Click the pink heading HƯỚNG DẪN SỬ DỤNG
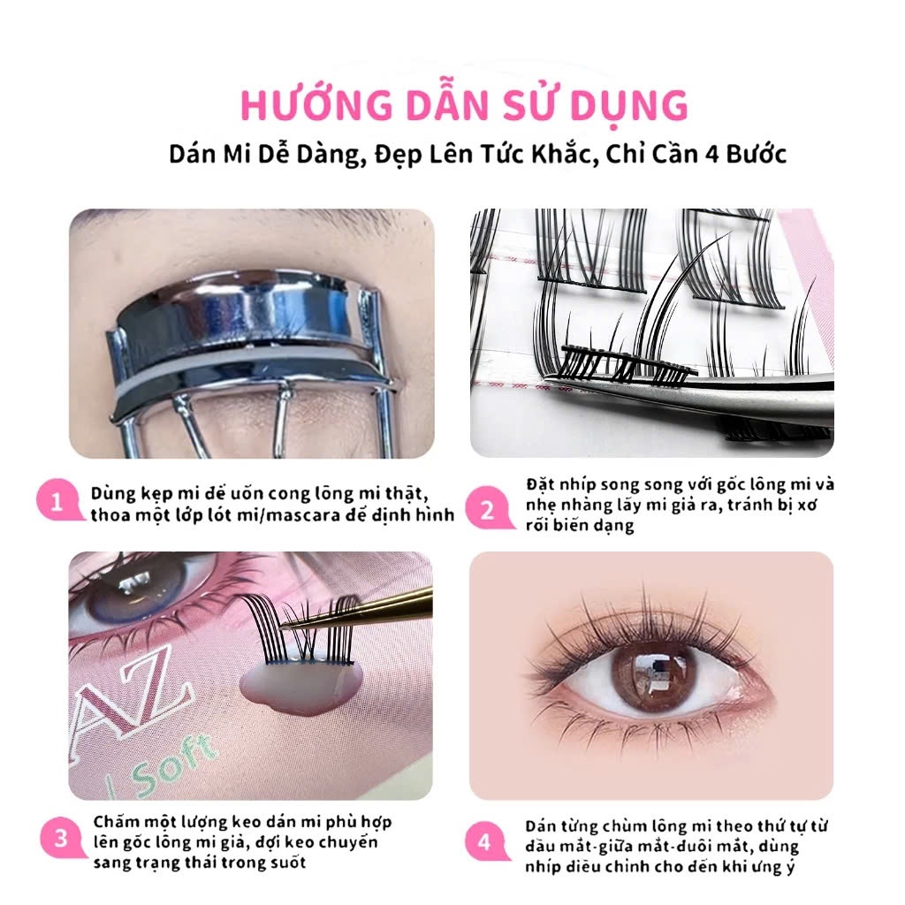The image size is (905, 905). [x=464, y=105]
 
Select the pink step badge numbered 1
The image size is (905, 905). [x=58, y=501]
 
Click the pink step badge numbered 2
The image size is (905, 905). [x=488, y=509]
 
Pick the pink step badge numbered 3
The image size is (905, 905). [x=61, y=838]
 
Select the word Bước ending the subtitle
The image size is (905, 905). [x=757, y=154]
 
